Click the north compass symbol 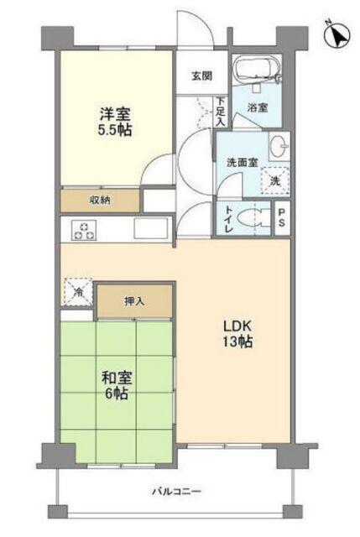point(337,37)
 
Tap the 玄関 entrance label point(201,76)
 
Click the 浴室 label point(258,107)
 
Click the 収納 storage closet point(101,200)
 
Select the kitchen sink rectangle point(150,227)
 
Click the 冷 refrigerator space point(77,293)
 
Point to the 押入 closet point(134,300)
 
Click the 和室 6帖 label point(115,384)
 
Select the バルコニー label point(177,491)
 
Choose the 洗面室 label point(240,162)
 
